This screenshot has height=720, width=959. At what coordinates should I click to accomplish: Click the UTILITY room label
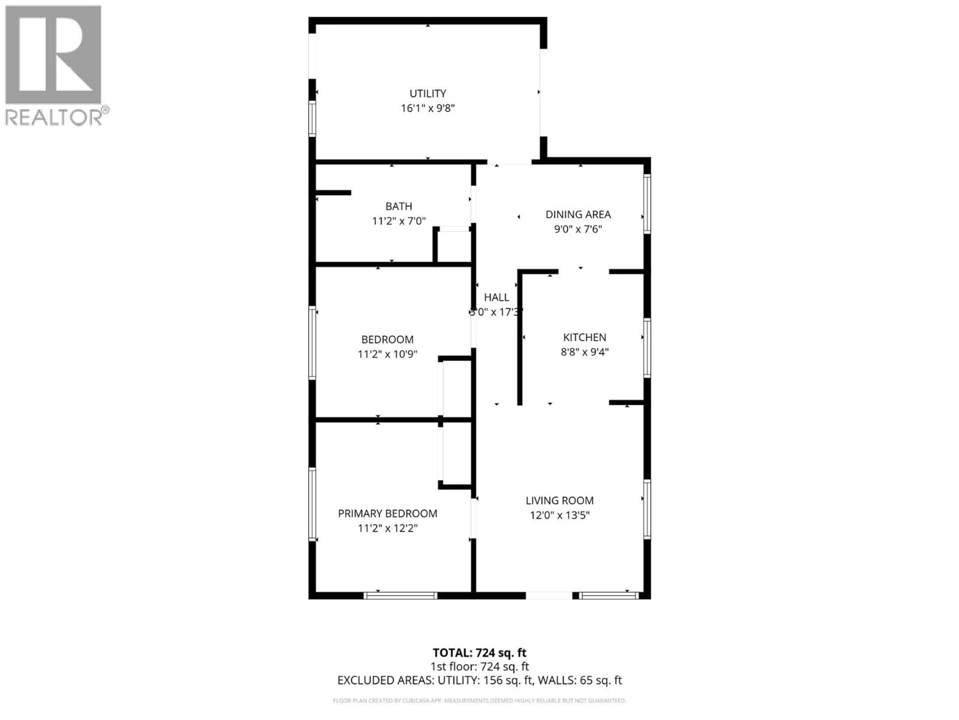click(x=428, y=93)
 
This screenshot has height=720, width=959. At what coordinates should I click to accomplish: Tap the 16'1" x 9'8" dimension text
click(x=428, y=108)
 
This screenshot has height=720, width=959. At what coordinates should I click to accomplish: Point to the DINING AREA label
click(x=578, y=214)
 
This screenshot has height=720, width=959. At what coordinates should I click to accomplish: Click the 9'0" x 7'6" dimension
click(x=578, y=229)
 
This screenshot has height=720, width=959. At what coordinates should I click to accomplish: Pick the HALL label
click(x=496, y=297)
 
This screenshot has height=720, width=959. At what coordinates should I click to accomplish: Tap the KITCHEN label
click(x=584, y=337)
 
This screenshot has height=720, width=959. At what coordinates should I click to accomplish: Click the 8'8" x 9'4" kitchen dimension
click(x=584, y=352)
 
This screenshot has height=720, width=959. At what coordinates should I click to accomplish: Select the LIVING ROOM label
click(x=559, y=500)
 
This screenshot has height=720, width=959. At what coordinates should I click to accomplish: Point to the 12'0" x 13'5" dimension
click(x=559, y=515)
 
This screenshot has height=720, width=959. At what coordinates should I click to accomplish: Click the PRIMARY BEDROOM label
click(x=387, y=513)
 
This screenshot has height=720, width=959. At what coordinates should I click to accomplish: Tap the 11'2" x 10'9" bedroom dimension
click(x=387, y=354)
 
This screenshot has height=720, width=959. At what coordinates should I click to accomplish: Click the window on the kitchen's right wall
click(x=647, y=348)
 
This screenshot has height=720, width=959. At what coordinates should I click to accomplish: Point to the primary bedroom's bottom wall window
click(x=400, y=595)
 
